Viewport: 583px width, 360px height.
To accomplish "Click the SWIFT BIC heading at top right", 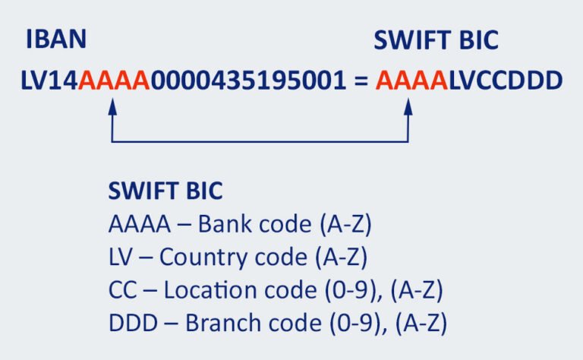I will click(x=436, y=39).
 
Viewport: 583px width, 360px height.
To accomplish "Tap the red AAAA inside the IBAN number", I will click(x=115, y=80).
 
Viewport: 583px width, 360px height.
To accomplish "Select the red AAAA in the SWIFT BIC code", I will click(x=410, y=80).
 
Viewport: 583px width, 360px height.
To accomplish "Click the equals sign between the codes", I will click(x=360, y=81).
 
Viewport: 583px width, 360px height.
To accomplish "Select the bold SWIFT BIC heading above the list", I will click(x=165, y=191).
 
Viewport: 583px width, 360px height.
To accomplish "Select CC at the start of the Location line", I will click(x=121, y=290).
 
